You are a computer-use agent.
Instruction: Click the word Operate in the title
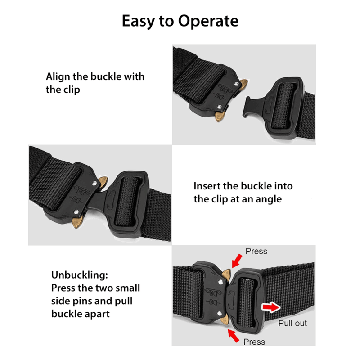pos(208,21)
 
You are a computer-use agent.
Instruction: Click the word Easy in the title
pos(138,22)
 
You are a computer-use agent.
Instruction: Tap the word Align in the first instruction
pos(58,77)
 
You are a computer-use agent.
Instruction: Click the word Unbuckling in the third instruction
pos(80,275)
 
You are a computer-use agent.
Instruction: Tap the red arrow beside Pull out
pos(271,307)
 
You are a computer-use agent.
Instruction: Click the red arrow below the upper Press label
pos(237,261)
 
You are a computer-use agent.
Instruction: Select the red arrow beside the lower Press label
pos(233,335)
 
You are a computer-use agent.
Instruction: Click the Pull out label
pos(292,323)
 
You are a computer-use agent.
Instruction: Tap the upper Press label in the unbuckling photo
pos(256,251)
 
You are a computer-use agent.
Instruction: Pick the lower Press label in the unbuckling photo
pos(254,342)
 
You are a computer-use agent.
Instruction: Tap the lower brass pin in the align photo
pos(219,117)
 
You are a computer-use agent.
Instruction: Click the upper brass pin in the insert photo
pos(103,181)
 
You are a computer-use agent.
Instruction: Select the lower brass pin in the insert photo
pos(77,221)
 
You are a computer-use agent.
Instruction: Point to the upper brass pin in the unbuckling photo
pos(226,274)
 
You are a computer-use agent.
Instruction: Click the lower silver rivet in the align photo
pos(220,107)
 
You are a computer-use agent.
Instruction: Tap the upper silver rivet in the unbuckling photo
pos(220,282)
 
